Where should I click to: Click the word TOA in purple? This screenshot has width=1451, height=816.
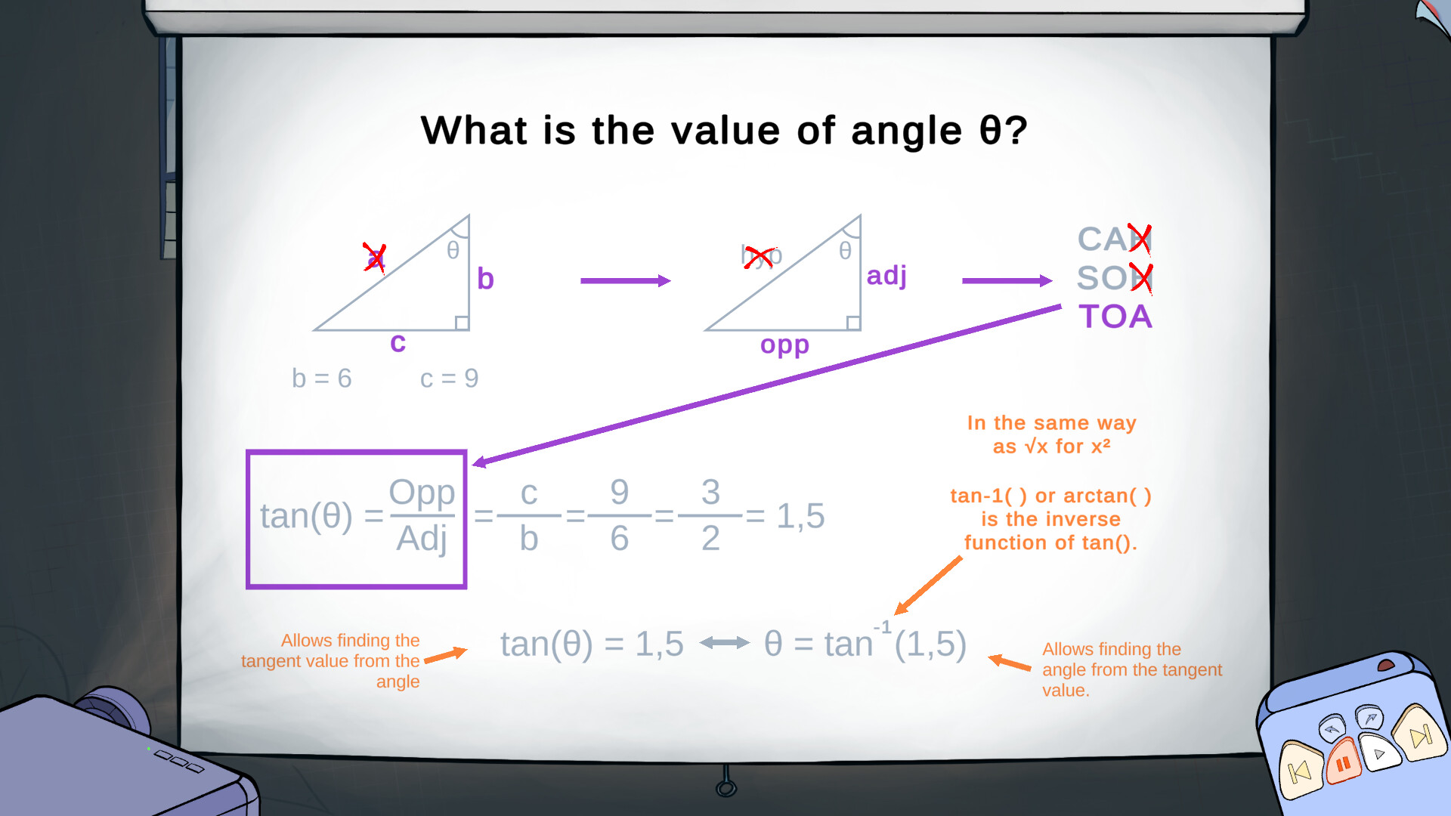tap(1115, 317)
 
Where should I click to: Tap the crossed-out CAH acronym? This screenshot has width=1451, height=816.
tap(1113, 240)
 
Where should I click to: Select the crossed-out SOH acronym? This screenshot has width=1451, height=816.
tap(1113, 278)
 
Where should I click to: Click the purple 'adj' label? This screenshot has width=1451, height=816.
tap(886, 276)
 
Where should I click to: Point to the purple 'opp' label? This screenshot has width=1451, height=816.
tap(784, 345)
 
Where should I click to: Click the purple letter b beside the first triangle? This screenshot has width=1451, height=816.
tap(485, 279)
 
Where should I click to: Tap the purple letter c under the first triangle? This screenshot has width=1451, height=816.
tap(398, 342)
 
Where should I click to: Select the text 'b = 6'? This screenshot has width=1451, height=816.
tap(322, 378)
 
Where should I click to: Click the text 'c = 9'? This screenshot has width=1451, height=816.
tap(449, 378)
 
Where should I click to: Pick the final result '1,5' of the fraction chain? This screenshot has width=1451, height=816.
tap(800, 516)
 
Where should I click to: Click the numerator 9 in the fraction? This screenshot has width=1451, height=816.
tap(620, 493)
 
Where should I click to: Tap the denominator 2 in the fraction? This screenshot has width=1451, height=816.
tap(710, 539)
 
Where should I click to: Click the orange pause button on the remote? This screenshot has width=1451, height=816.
tap(1343, 764)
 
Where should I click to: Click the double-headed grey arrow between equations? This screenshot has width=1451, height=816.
tap(724, 643)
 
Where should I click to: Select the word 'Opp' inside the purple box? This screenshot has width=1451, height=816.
tap(422, 493)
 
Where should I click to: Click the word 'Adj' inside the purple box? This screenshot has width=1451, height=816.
tap(422, 539)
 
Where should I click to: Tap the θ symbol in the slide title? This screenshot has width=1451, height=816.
tap(990, 131)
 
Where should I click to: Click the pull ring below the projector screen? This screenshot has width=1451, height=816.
tap(726, 788)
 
